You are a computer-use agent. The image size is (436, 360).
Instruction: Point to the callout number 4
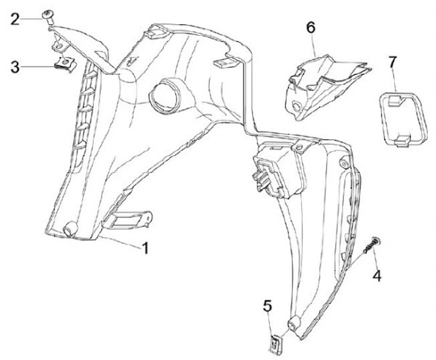(x=377, y=276)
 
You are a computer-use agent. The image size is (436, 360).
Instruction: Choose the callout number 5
(x=267, y=307)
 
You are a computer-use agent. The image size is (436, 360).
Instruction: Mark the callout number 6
(x=311, y=27)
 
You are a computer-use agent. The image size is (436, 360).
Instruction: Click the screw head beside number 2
(x=48, y=15)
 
